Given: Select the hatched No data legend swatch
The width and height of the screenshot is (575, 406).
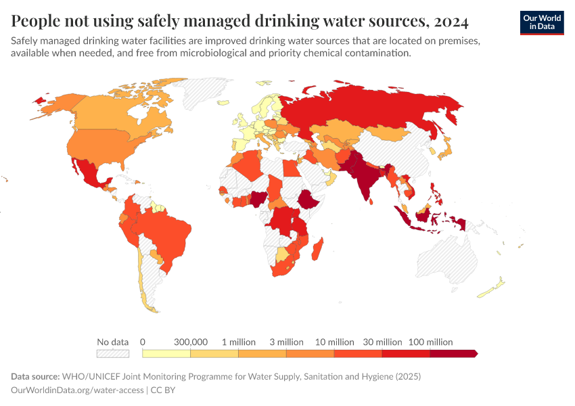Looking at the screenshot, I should pos(112,353).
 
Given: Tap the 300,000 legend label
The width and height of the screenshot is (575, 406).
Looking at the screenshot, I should pos(191,342).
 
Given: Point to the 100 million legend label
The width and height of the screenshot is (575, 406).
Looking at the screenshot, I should pos(430,342).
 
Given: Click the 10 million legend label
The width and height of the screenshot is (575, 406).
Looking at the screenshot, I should pos(334,342).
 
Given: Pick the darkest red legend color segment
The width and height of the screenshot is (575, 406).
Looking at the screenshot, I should pos(453,353).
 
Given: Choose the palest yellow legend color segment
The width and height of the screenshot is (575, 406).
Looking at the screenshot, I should pos(166,353).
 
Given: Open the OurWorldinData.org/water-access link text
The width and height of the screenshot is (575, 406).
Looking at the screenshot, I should pos(78,390).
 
